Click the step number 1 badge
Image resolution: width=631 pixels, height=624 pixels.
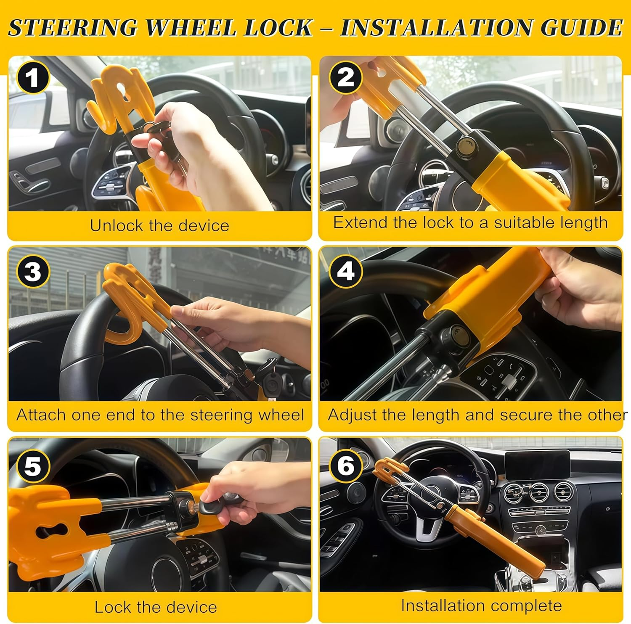click(x=32, y=78)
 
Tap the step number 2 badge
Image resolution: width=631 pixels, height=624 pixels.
click(x=345, y=78)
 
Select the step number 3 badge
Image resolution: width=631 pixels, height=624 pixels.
click(x=33, y=271)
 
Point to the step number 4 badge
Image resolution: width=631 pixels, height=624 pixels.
click(x=345, y=271)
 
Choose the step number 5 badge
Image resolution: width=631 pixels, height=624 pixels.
click(x=33, y=465)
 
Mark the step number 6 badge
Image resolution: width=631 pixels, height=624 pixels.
click(x=345, y=465)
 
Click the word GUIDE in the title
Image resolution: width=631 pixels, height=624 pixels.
click(x=581, y=28)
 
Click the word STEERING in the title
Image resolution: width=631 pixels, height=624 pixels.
click(x=72, y=28)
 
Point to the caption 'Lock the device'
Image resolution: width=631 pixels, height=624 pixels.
click(x=156, y=607)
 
